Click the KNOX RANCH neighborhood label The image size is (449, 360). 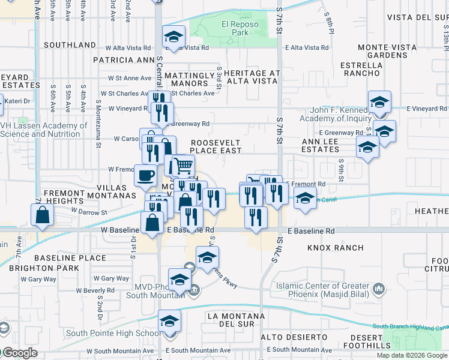click(336, 247)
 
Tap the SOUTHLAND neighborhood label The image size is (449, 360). click(70, 45)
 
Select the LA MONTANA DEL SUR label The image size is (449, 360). click(235, 320)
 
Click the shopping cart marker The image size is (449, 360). click(183, 164)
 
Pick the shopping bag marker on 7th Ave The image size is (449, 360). click(42, 215)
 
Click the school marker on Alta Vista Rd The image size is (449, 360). click(173, 37)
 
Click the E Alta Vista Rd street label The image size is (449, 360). click(307, 47)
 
